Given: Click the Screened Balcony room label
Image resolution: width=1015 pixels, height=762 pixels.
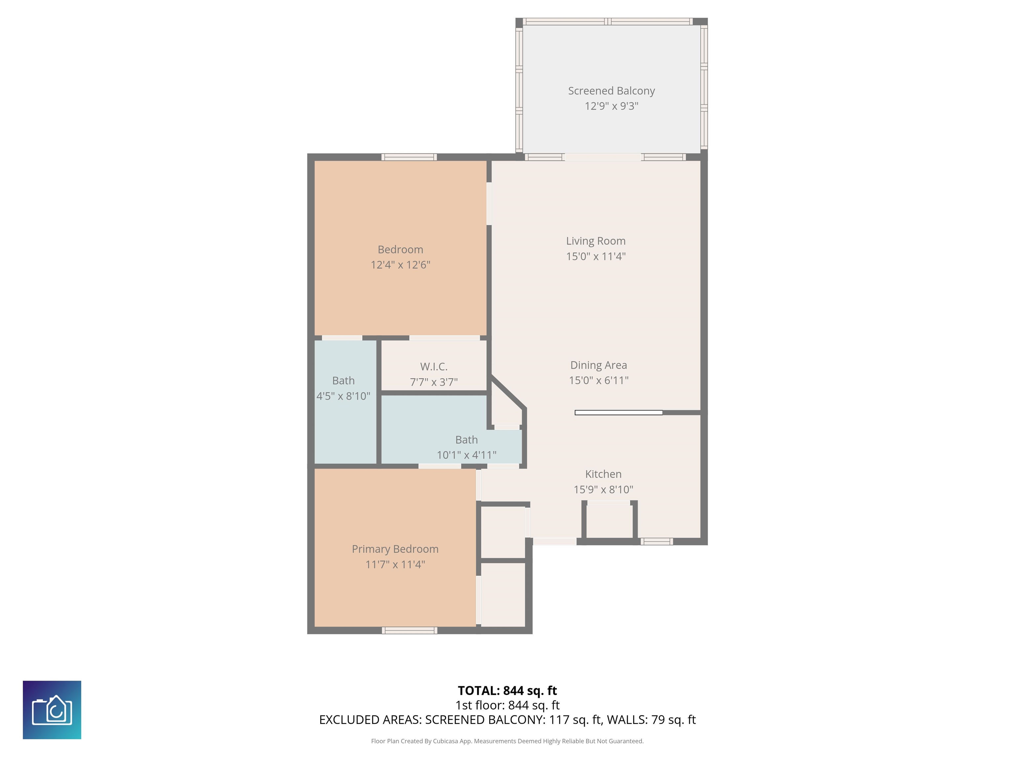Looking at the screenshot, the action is [x=611, y=91].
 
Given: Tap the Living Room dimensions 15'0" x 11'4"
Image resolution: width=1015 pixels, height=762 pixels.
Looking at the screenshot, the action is [x=596, y=256].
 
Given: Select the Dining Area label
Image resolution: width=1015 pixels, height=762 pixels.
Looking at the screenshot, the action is [x=598, y=365].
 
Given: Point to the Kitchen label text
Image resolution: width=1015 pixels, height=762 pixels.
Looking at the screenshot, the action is [x=603, y=474].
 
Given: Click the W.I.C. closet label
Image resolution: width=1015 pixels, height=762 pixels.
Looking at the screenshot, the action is [x=433, y=366].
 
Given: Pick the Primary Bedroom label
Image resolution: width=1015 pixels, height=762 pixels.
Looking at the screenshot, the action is [x=395, y=549].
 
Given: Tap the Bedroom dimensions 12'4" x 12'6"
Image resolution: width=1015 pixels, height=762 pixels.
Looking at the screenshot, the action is [x=400, y=265].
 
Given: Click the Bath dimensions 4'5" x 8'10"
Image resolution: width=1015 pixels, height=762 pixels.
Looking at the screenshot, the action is [x=343, y=396].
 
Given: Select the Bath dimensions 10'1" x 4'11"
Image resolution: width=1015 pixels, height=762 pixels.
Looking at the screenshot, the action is [x=467, y=455].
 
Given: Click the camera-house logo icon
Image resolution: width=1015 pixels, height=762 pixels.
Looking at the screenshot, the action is [x=52, y=710].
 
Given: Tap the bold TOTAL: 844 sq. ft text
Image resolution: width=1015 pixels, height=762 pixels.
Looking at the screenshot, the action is [x=507, y=691].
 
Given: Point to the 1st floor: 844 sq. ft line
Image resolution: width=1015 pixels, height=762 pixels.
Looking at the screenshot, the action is [x=507, y=705].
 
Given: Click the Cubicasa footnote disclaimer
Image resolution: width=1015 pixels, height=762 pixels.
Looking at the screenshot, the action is [x=507, y=741].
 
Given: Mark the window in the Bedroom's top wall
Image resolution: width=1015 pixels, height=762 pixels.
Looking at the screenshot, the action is [x=409, y=157].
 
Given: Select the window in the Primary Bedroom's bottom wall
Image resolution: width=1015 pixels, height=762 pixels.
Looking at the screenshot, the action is [x=410, y=631].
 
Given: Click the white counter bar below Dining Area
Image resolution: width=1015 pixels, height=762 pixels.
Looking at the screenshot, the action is [x=619, y=412].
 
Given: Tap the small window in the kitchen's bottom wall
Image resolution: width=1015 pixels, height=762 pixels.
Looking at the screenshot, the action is [x=657, y=541].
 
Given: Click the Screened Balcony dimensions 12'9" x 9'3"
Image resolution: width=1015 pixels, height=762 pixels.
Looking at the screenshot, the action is [x=611, y=106].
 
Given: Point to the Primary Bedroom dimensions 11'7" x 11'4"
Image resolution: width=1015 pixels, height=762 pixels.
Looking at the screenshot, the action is [x=395, y=565].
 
